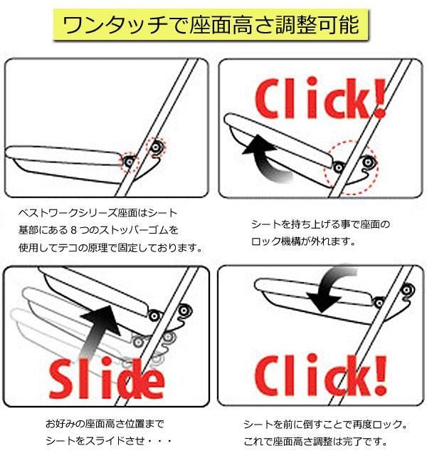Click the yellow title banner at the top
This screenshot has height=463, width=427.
(x=214, y=26)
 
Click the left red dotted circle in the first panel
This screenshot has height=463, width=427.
(x=130, y=162)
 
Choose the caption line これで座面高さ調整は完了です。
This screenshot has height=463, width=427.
(x=315, y=442)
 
